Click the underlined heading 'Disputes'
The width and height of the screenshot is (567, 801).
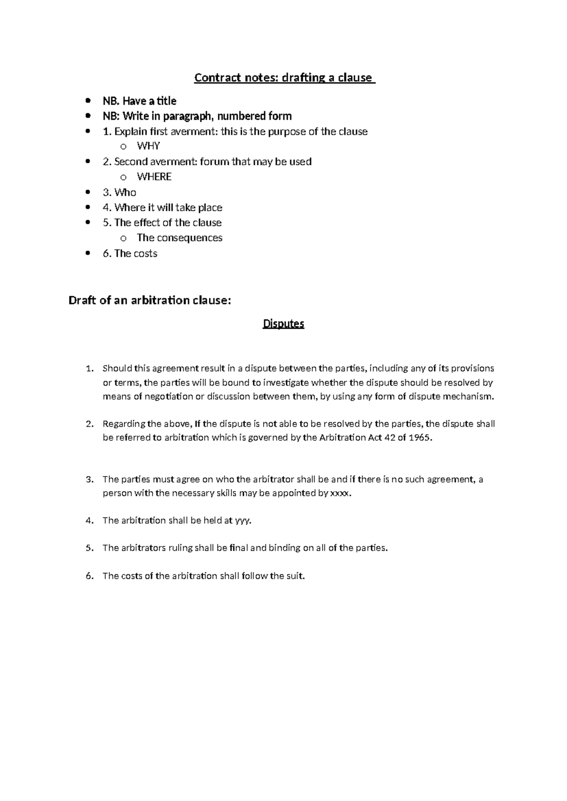[x=283, y=324]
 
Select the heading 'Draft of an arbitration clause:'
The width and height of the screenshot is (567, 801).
[x=150, y=300]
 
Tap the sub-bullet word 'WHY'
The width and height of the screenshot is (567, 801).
[x=148, y=146]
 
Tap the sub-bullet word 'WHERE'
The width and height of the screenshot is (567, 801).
[x=154, y=177]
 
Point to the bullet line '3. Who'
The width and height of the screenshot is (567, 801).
[x=120, y=192]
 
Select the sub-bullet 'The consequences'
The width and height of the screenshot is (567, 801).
[x=180, y=238]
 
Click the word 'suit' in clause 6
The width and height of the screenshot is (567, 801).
[x=295, y=576]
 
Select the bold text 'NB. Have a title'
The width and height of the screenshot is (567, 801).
[x=139, y=101]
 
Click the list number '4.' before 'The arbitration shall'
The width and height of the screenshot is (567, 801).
[x=90, y=520]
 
